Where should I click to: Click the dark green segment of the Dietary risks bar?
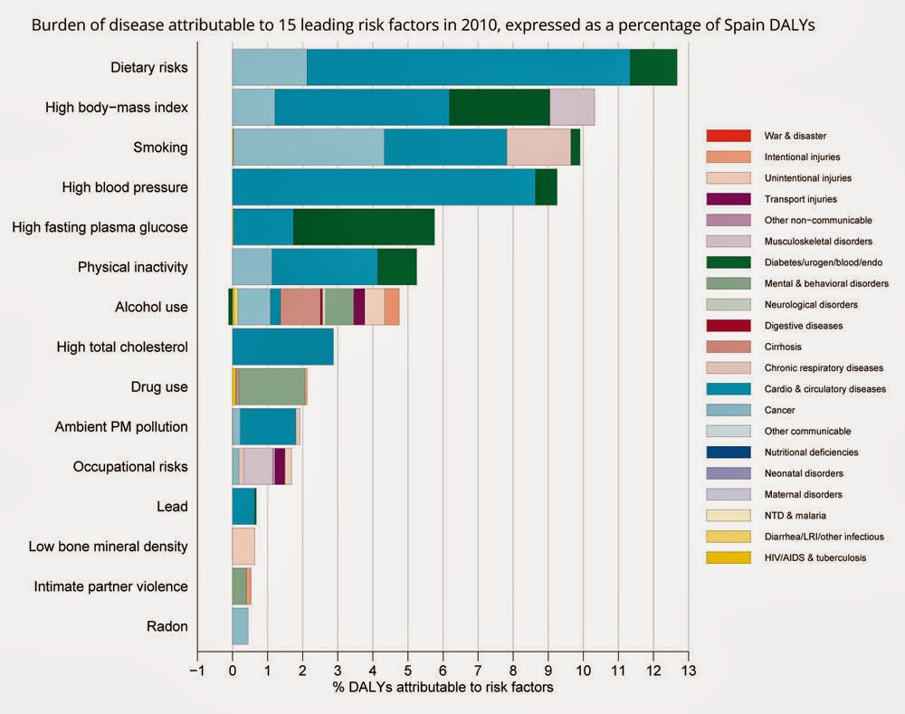[x=653, y=68]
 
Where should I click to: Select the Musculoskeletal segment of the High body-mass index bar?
[x=572, y=108]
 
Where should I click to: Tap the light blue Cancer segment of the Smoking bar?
[x=309, y=148]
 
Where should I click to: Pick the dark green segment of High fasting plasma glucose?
[x=364, y=227]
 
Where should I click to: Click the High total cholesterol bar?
[x=282, y=347]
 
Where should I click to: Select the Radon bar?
[x=240, y=626]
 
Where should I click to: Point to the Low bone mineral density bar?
[x=243, y=547]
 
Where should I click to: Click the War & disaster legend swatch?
[x=728, y=137]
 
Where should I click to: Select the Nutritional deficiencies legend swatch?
[x=728, y=452]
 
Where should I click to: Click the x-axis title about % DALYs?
[x=443, y=687]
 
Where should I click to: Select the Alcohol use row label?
[x=151, y=307]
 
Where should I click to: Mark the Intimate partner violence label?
[x=110, y=586]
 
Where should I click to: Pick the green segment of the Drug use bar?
[x=271, y=386]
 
